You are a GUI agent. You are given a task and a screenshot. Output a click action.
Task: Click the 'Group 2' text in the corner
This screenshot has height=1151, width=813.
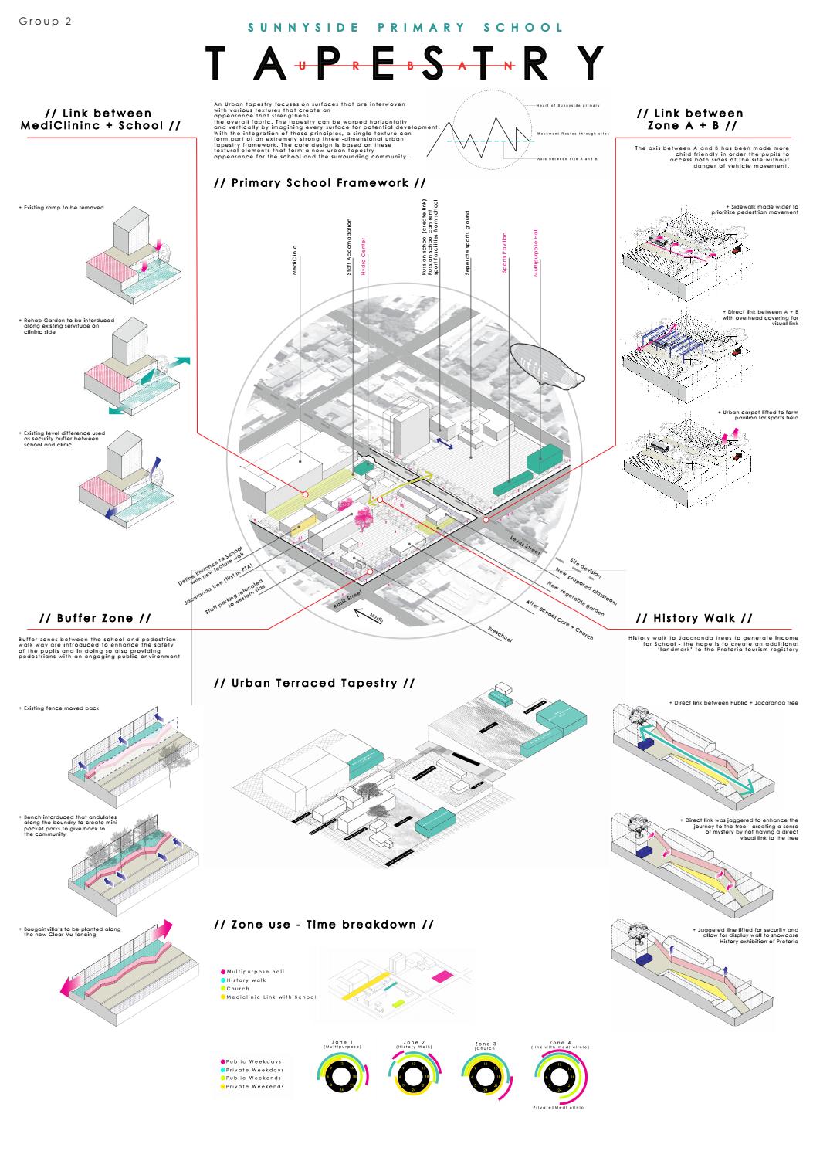[x=45, y=22]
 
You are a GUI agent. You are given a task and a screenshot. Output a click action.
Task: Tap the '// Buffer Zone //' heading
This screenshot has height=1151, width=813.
[x=94, y=618]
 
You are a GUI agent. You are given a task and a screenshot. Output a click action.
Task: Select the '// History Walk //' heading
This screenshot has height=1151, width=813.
[x=693, y=618]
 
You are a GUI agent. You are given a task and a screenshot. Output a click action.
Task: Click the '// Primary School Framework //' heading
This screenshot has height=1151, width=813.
[x=320, y=183]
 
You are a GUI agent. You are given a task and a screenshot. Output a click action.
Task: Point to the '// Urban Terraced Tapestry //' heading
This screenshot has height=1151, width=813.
[x=313, y=683]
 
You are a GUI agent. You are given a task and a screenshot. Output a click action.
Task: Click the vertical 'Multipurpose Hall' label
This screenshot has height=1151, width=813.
[x=534, y=252]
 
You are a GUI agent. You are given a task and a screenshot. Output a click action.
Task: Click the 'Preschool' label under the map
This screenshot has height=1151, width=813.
[x=500, y=635]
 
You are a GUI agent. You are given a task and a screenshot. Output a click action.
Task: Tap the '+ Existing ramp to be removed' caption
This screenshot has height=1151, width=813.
[x=62, y=208]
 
